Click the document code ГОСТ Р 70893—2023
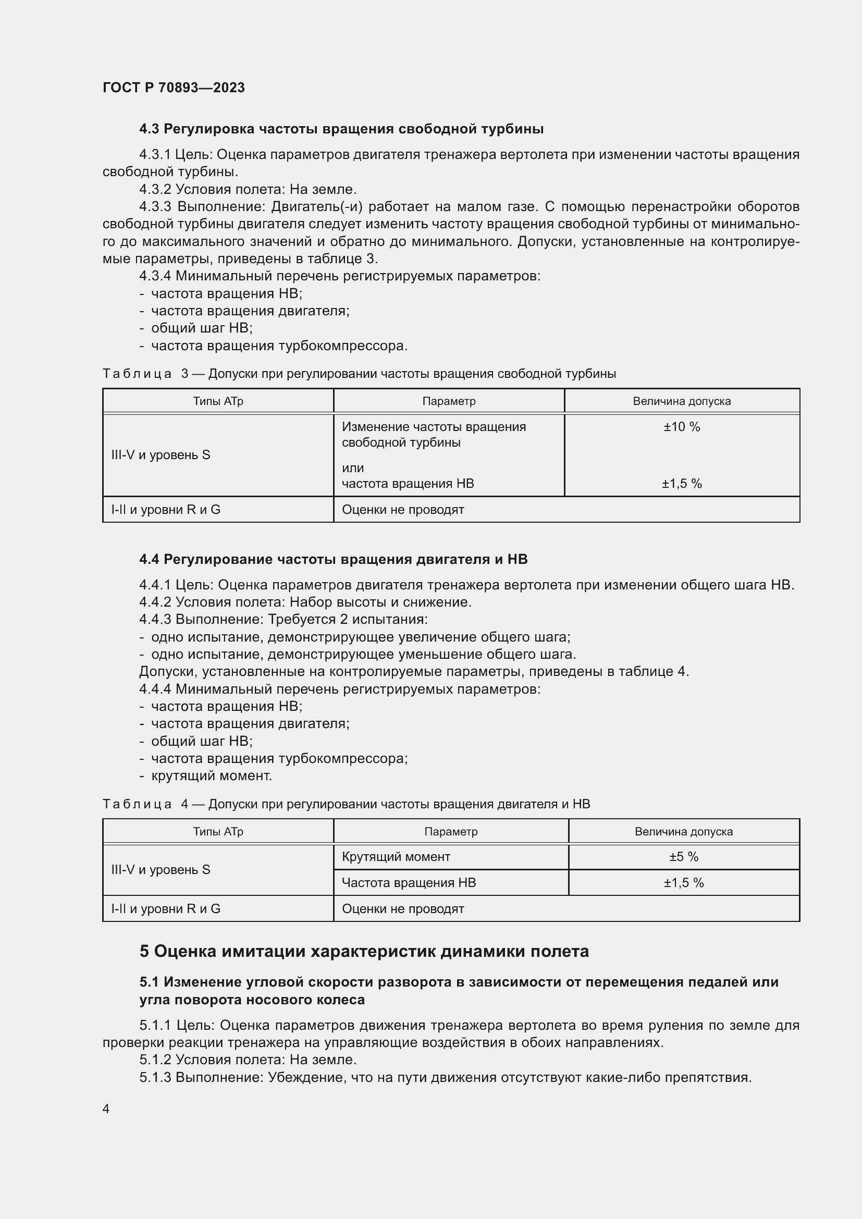click(x=174, y=88)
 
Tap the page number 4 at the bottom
click(x=106, y=1109)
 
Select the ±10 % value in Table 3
click(x=682, y=427)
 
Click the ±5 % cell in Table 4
click(x=684, y=856)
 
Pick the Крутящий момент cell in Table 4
click(x=396, y=856)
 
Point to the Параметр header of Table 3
click(x=449, y=401)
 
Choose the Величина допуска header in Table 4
click(x=684, y=831)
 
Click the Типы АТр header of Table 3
click(x=218, y=401)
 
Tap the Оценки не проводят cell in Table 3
click(x=403, y=510)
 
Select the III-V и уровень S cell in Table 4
click(x=161, y=870)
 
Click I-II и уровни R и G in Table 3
click(x=166, y=510)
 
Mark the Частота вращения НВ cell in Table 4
click(x=409, y=882)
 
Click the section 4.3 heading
click(x=341, y=129)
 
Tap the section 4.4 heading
click(x=334, y=559)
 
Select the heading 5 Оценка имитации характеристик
click(x=364, y=951)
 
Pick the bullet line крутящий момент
click(x=211, y=775)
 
